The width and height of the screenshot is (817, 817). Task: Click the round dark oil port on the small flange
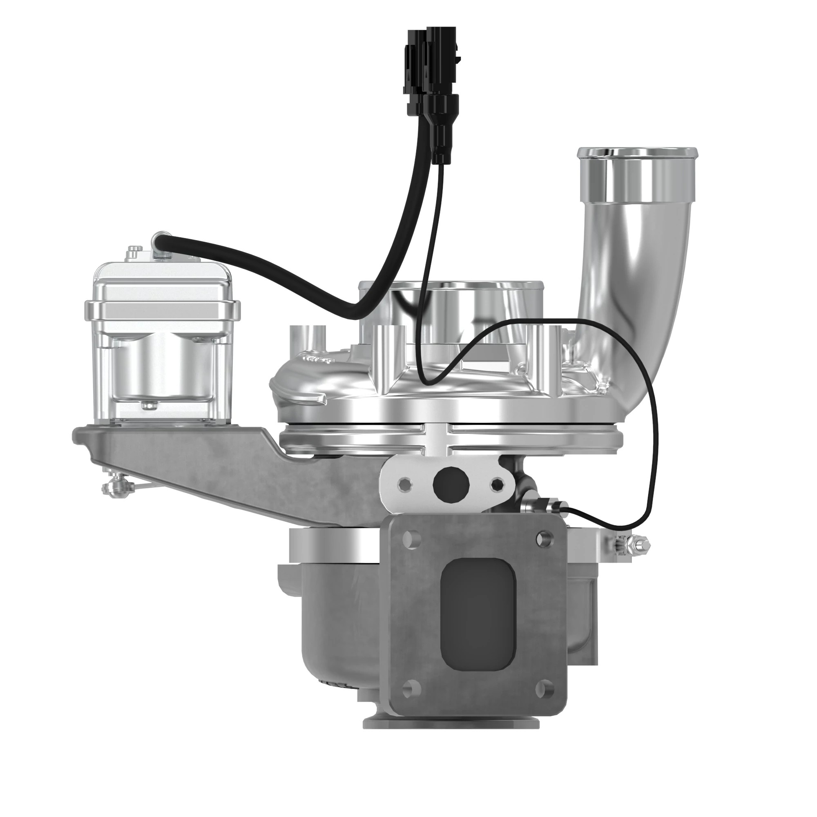coord(451,483)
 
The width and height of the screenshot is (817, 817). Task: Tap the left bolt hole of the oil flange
coord(404,483)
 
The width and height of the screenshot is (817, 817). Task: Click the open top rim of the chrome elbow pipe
coord(637,151)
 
